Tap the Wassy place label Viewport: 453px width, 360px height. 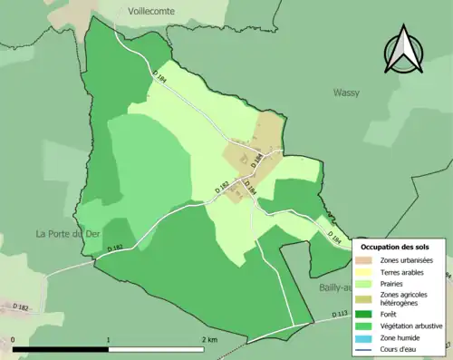346,92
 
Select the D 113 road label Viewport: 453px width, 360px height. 339,313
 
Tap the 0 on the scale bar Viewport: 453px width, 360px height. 14,340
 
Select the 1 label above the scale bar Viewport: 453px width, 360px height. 110,340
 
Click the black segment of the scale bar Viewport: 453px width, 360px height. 61,349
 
